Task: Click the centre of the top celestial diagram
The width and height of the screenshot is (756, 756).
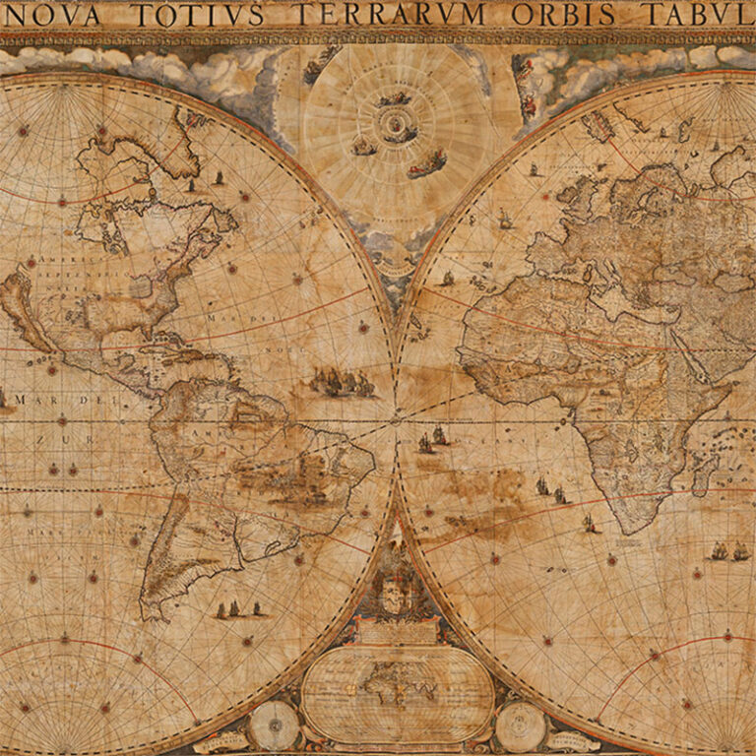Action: (x=397, y=124)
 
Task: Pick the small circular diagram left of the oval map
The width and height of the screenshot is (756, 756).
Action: (x=273, y=726)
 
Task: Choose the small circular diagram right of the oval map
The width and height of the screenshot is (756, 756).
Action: (x=521, y=726)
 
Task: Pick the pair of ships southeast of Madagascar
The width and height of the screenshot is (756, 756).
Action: (x=729, y=551)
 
